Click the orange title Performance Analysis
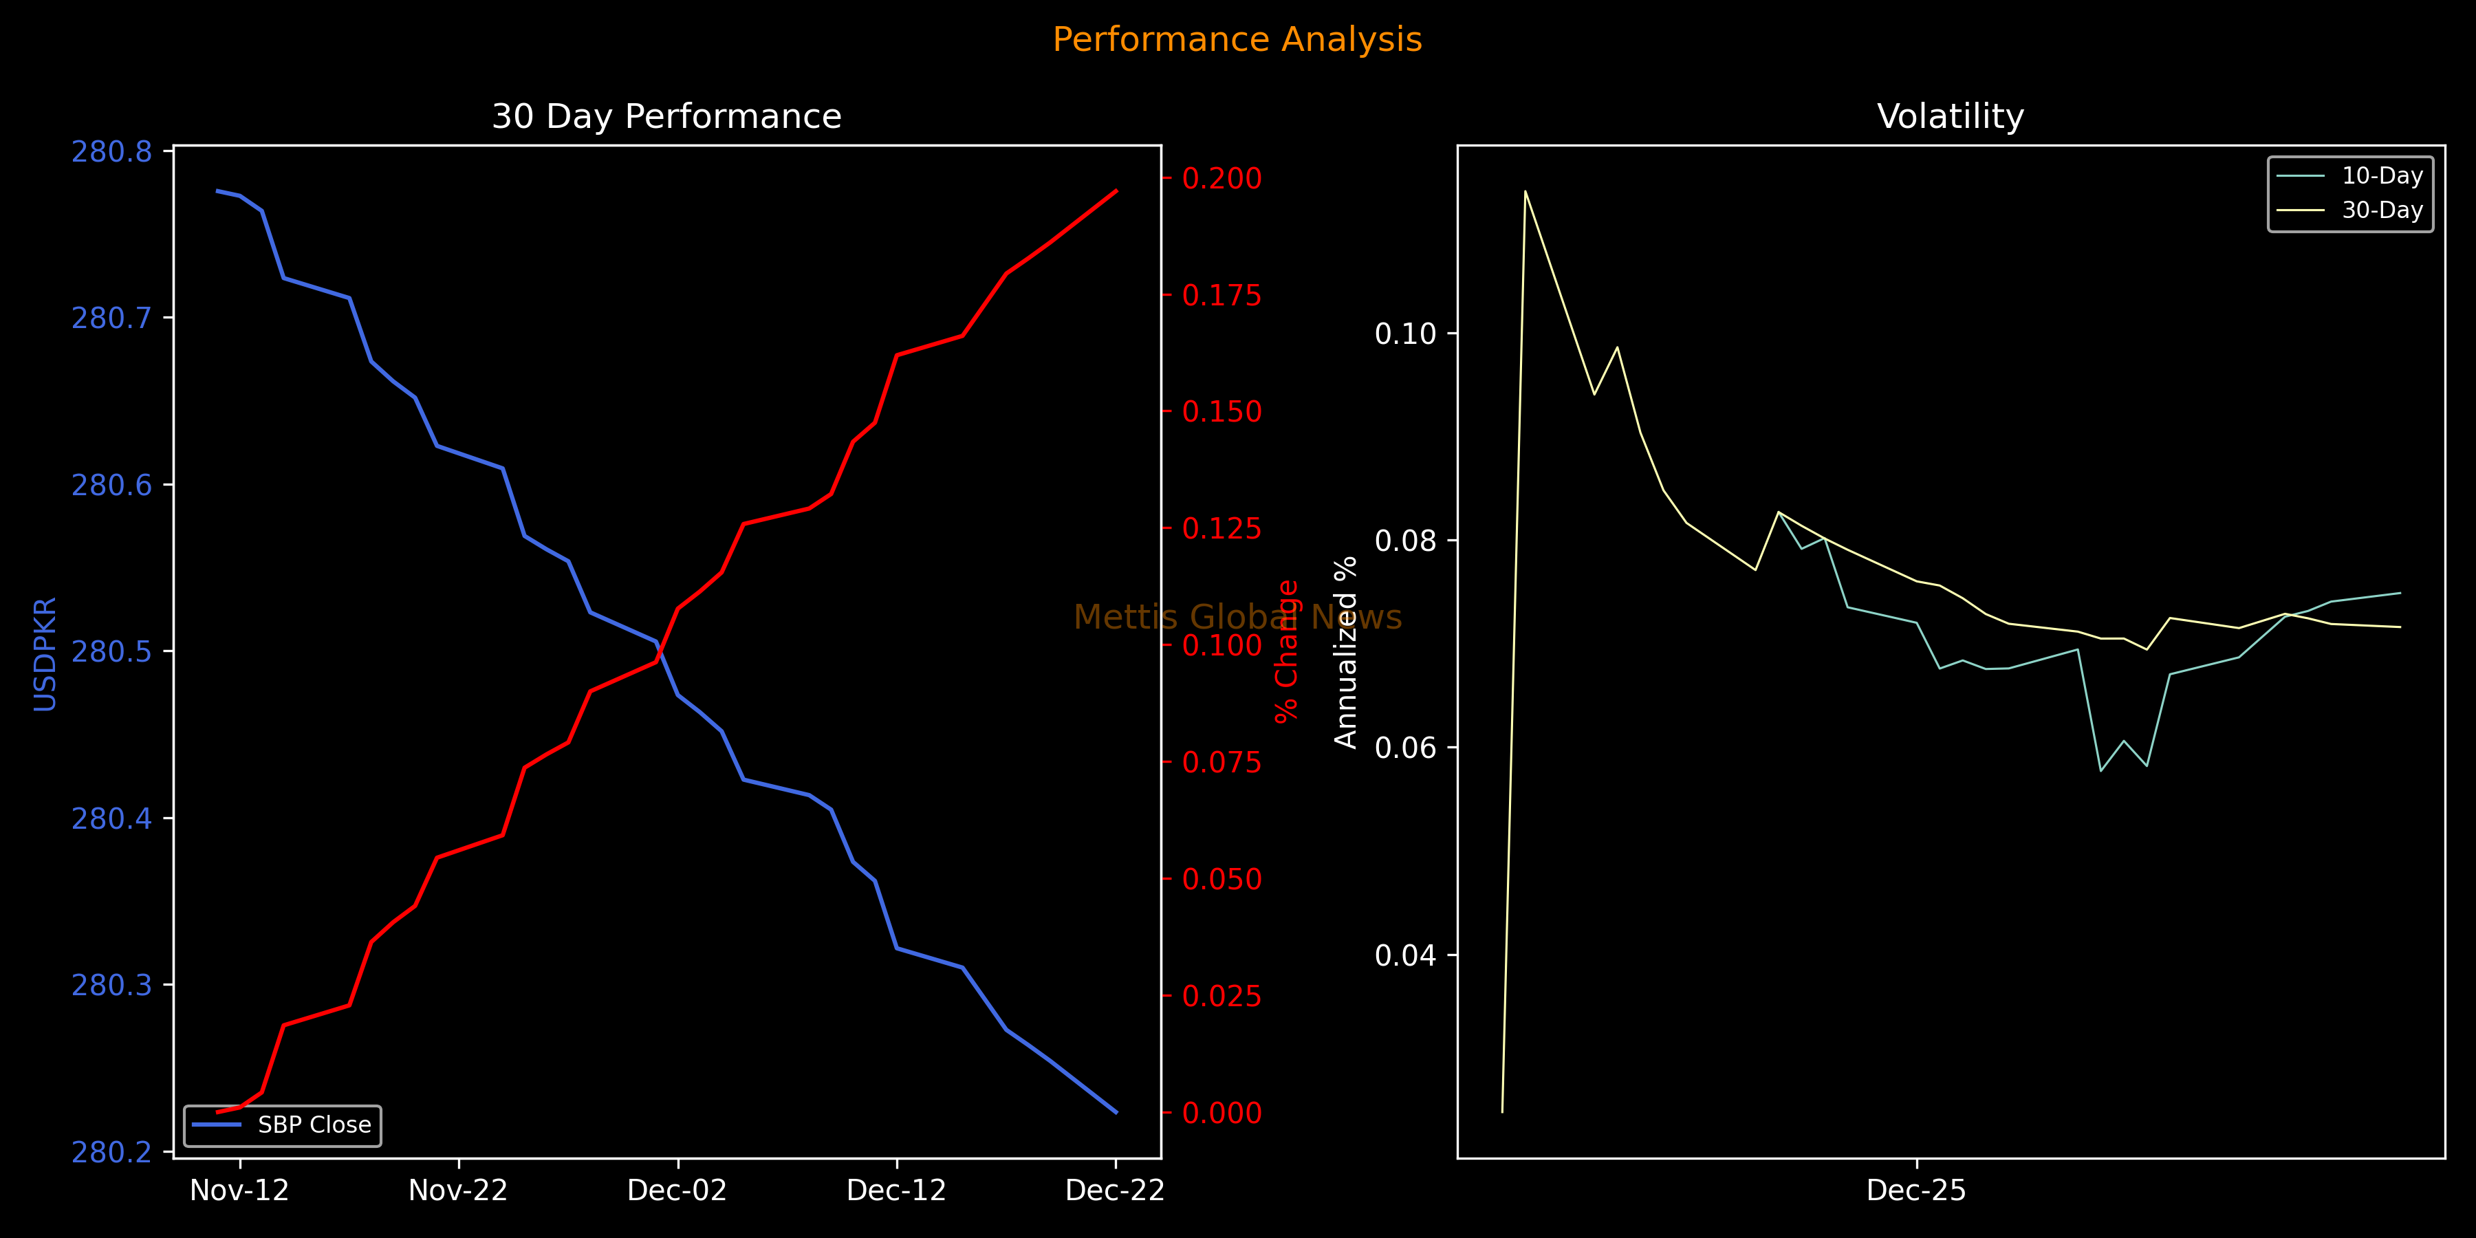pos(1237,39)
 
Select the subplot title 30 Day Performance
pos(666,116)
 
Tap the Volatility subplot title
pos(1951,116)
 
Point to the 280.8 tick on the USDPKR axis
pos(111,152)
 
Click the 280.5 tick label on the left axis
pos(111,652)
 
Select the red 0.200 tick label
pos(1221,178)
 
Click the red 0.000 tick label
pos(1221,1113)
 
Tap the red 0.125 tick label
pos(1221,529)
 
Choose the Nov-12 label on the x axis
pos(239,1191)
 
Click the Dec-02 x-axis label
pos(677,1191)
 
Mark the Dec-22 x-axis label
pos(1115,1191)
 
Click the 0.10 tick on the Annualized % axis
pos(1405,334)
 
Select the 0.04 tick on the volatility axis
pos(1405,955)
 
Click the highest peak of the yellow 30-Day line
pos(1525,191)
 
